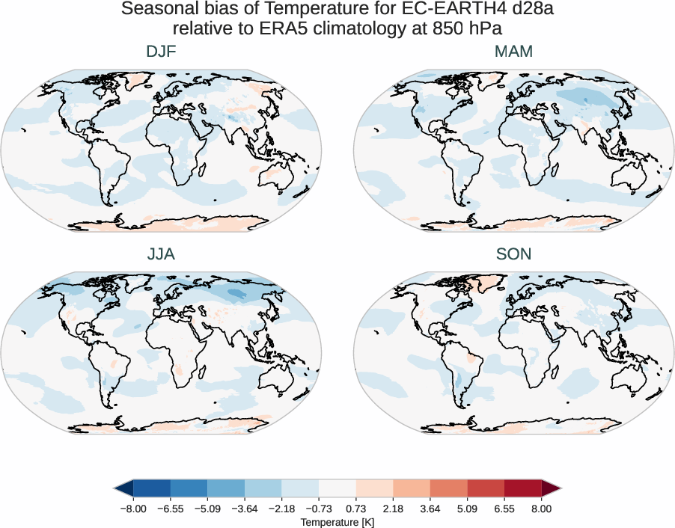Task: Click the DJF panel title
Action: coord(162,52)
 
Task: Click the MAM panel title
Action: coord(513,52)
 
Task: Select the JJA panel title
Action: coord(162,254)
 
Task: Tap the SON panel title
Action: coord(513,254)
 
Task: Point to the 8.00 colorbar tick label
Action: coord(542,508)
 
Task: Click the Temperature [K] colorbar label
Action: coord(337,521)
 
